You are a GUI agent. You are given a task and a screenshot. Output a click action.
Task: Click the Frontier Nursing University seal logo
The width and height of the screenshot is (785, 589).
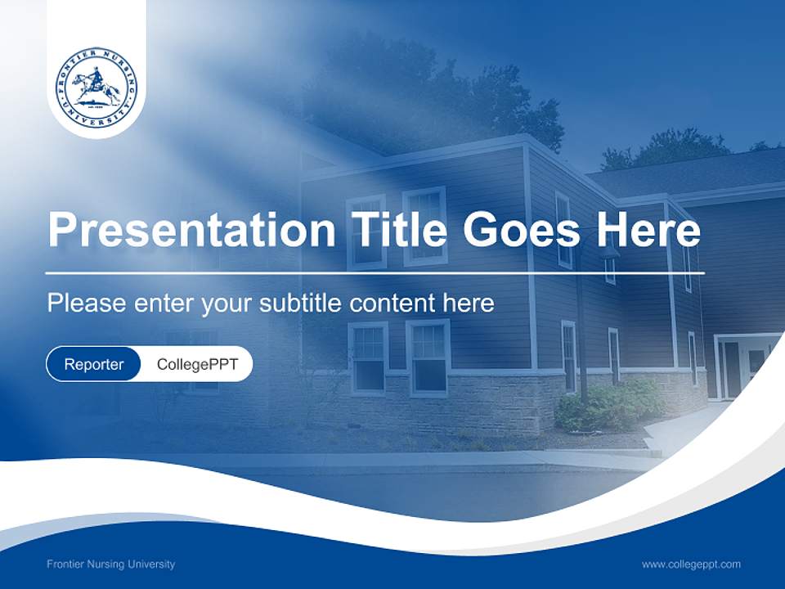pos(96,88)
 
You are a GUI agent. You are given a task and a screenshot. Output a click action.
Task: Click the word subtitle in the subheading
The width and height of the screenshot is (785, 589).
pos(303,303)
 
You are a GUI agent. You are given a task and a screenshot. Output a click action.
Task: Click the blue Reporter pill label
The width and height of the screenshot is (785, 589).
pos(93,364)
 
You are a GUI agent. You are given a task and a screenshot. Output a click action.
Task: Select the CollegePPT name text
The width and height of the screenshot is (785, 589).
pos(197,364)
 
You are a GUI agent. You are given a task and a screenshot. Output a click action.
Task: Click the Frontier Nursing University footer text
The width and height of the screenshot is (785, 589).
pos(110,564)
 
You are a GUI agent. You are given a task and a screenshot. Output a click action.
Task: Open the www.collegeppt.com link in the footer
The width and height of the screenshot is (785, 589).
pos(691,564)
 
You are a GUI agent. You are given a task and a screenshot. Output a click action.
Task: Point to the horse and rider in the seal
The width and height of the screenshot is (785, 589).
pos(96,84)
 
